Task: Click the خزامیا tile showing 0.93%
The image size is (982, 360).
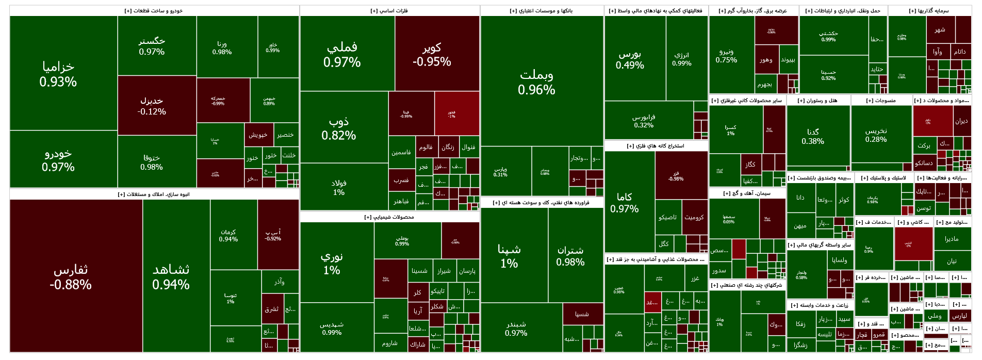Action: point(58,74)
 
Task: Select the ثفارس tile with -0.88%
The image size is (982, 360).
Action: point(71,276)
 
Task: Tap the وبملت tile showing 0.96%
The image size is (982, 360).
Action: point(536,81)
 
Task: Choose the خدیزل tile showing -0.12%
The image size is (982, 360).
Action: point(152,106)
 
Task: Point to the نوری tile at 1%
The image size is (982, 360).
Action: point(332,263)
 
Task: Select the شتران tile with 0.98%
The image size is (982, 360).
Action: point(570,256)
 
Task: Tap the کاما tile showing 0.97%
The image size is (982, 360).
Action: point(624,202)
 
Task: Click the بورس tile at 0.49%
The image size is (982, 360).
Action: point(630,59)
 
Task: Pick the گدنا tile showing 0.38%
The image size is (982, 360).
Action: point(813,136)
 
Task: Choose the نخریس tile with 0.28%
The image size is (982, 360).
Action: point(876,135)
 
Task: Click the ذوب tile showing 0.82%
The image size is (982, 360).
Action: point(339,128)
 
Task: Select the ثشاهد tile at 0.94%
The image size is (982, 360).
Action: point(171,276)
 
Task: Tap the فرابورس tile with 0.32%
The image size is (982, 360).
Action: point(644,121)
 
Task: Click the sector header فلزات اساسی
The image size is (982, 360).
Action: point(389,11)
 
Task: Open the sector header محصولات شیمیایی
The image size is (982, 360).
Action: point(389,217)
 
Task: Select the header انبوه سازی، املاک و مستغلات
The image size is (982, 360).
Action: point(154,194)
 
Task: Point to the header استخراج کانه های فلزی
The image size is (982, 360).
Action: point(656,146)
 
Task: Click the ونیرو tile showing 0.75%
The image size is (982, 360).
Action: point(726,55)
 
